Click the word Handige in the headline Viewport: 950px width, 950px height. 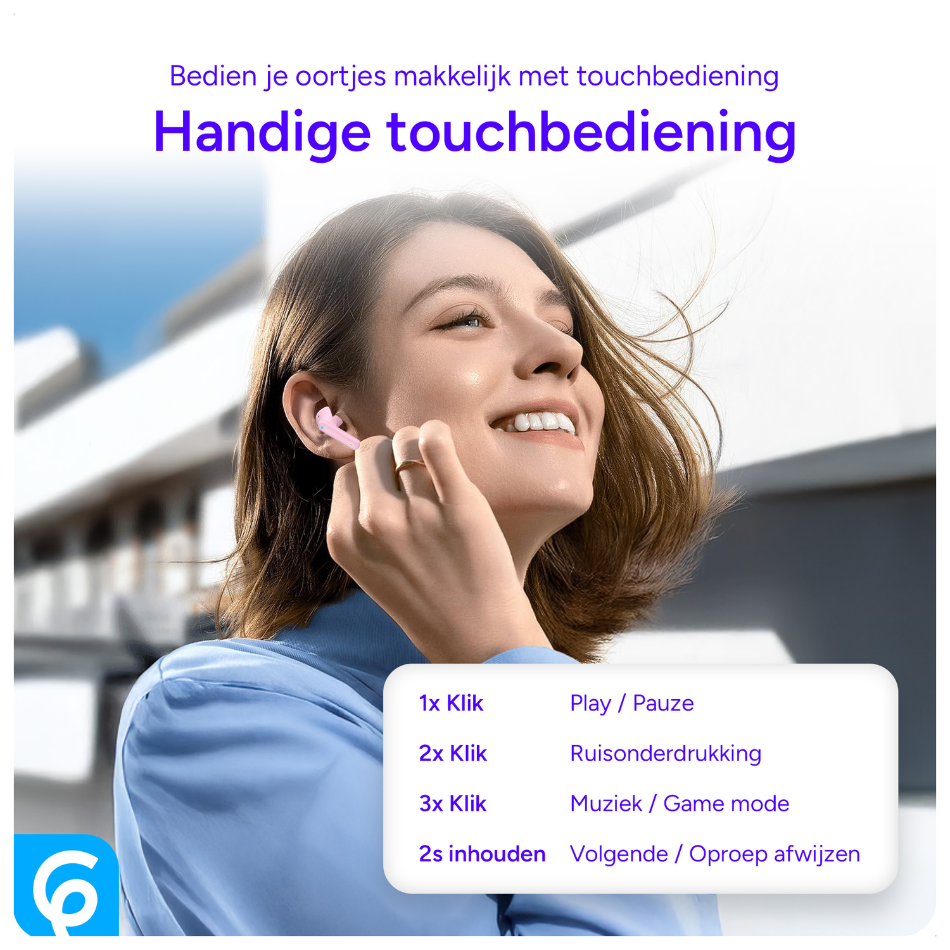262,132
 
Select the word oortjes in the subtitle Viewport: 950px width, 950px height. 341,77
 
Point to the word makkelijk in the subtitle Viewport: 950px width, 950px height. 452,77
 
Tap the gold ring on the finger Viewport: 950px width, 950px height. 408,465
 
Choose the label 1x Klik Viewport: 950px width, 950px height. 451,704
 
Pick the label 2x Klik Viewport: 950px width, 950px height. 453,754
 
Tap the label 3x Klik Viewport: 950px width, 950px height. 453,804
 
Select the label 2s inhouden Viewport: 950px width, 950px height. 482,854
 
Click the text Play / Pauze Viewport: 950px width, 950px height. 631,704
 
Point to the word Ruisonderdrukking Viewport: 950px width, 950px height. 666,754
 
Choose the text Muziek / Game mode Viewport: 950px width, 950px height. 680,804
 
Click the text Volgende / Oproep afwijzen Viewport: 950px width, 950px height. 715,854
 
